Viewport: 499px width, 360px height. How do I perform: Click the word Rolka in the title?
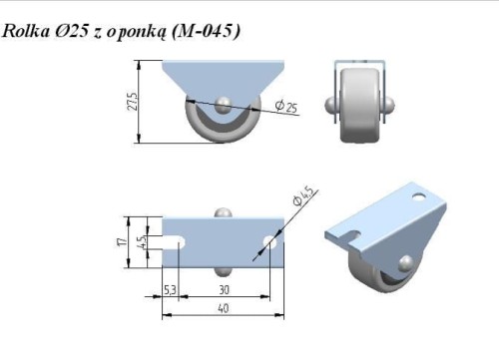pyautogui.click(x=27, y=32)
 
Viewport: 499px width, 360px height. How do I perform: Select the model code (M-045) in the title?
pyautogui.click(x=206, y=32)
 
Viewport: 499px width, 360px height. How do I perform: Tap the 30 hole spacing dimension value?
pyautogui.click(x=224, y=290)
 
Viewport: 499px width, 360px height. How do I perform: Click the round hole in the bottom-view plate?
pyautogui.click(x=268, y=241)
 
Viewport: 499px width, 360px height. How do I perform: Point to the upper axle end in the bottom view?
pyautogui.click(x=224, y=212)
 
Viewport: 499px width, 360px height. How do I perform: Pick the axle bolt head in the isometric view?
pyautogui.click(x=404, y=263)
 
